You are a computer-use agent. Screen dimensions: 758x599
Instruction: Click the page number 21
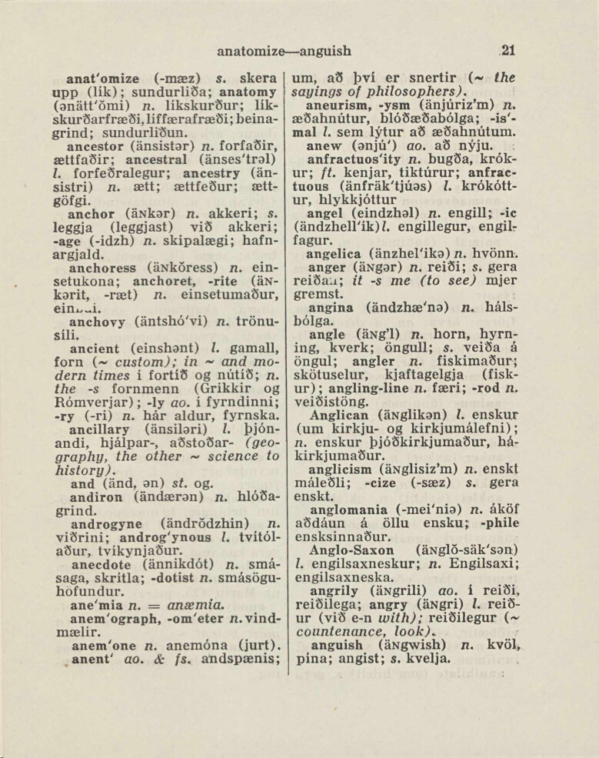tap(507, 52)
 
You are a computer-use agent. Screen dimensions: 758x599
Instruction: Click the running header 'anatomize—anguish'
tap(285, 52)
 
